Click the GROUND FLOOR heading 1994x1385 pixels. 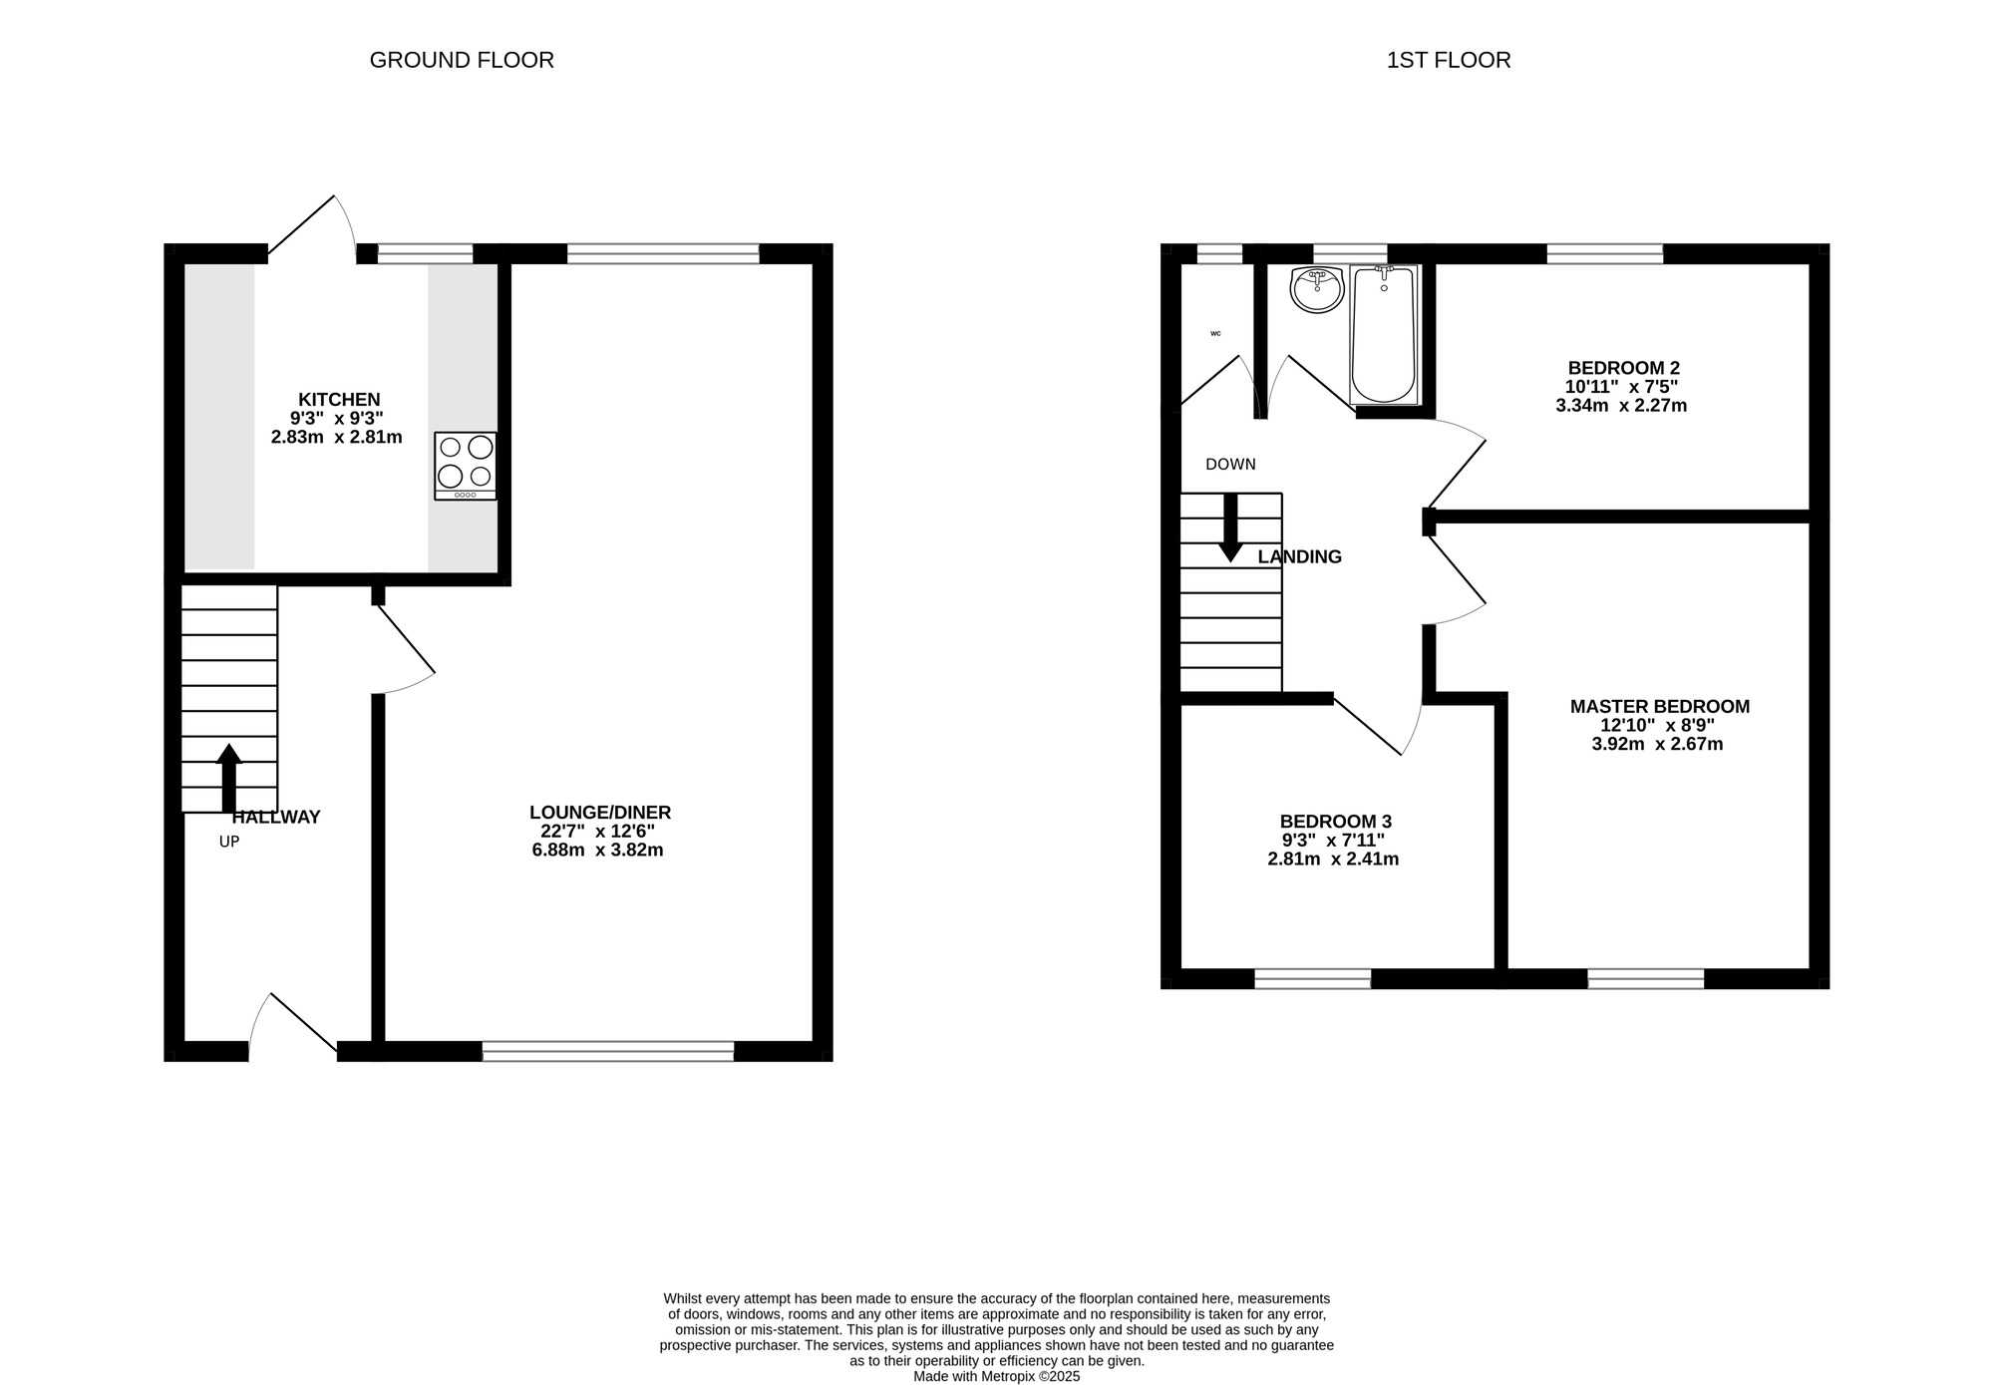point(462,60)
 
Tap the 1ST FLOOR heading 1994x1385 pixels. point(1449,60)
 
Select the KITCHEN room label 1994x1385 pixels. point(339,400)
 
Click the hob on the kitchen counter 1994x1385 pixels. point(466,466)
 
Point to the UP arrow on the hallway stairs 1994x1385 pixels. point(229,778)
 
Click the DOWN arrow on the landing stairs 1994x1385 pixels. point(1230,527)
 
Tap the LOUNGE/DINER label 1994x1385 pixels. point(600,813)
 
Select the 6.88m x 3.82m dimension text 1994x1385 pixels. point(598,851)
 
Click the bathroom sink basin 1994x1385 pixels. point(1317,289)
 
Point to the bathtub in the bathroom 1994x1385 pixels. point(1384,334)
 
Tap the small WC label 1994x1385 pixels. point(1215,333)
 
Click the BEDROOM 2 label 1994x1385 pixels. point(1616,368)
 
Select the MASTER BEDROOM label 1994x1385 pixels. point(1660,707)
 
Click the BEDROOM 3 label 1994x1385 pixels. point(1336,822)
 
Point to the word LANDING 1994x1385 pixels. point(1300,557)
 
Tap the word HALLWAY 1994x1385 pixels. point(276,818)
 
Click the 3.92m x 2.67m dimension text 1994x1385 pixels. point(1658,745)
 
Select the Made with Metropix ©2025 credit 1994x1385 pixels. point(997,1376)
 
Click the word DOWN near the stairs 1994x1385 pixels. point(1230,465)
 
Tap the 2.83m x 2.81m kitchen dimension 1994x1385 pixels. point(337,438)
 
